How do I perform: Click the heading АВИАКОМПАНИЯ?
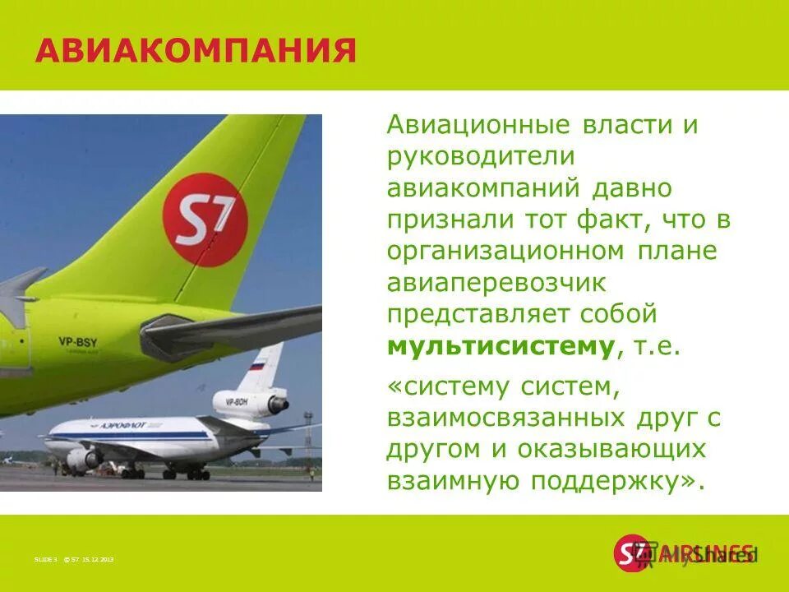coord(196,51)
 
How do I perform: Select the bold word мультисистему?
coord(501,345)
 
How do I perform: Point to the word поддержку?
coord(625,481)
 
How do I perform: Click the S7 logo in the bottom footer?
coord(631,553)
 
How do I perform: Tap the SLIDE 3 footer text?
coord(45,559)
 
